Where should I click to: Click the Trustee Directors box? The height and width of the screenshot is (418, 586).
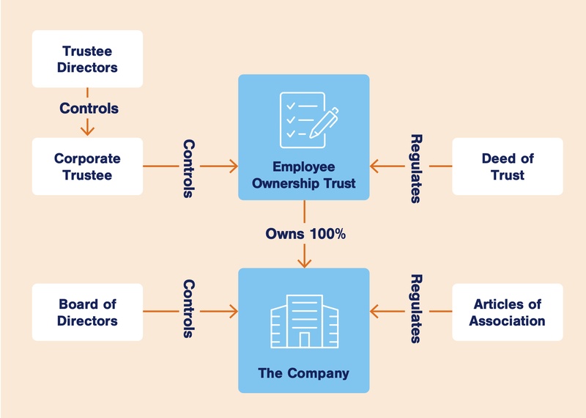click(x=87, y=59)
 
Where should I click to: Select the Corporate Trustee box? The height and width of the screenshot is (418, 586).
click(x=87, y=166)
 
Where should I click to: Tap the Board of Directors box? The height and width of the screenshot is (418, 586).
click(x=87, y=312)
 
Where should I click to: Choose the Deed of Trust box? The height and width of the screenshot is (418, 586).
click(x=508, y=166)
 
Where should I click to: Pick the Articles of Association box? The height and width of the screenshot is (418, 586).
click(x=508, y=312)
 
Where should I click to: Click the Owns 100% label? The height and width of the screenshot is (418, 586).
click(x=305, y=235)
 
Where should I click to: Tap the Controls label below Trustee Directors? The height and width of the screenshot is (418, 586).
click(x=89, y=109)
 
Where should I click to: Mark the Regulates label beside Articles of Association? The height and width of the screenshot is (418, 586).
click(x=416, y=309)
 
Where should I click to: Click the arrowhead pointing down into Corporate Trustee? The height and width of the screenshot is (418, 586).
click(x=88, y=131)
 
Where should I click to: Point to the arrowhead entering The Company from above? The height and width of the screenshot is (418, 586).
click(x=304, y=262)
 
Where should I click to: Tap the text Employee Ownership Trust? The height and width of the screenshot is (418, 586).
click(x=304, y=175)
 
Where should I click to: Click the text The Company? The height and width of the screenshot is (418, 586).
click(x=304, y=373)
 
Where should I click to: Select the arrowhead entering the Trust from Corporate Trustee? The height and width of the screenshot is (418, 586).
click(x=234, y=166)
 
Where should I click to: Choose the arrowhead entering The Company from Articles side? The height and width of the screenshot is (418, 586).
click(x=374, y=312)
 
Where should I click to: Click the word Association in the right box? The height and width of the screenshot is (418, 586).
click(x=508, y=320)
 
